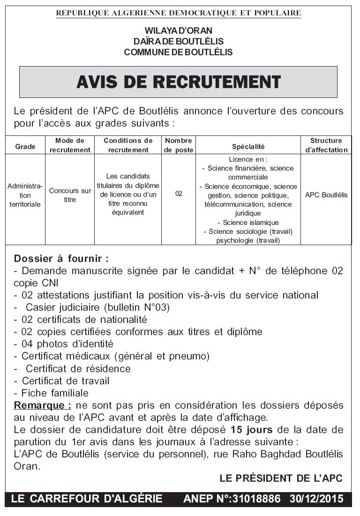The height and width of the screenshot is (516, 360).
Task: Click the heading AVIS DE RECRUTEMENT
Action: pyautogui.click(x=178, y=82)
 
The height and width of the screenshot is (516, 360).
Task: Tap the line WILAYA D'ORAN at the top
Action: pyautogui.click(x=178, y=31)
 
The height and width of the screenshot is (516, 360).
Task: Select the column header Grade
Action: pyautogui.click(x=25, y=147)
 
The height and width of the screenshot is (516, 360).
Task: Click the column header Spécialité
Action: pyautogui.click(x=248, y=147)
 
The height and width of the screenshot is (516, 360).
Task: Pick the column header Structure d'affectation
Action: pyautogui.click(x=326, y=145)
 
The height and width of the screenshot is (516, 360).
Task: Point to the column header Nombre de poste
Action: pyautogui.click(x=179, y=145)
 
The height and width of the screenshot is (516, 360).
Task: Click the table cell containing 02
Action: pyautogui.click(x=179, y=194)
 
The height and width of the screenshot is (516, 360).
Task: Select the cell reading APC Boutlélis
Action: pyautogui.click(x=326, y=195)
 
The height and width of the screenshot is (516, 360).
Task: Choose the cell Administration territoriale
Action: pyautogui.click(x=25, y=195)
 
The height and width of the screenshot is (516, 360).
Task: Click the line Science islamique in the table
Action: pyautogui.click(x=248, y=223)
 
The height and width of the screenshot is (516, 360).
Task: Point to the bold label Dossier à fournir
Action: pyautogui.click(x=61, y=259)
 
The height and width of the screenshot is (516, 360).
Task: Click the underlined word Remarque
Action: pyautogui.click(x=43, y=405)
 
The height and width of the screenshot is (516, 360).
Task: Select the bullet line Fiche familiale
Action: pyautogui.click(x=52, y=393)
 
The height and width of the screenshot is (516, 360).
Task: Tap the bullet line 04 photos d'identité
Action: pyautogui.click(x=64, y=344)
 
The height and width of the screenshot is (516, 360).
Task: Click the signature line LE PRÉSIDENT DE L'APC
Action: pyautogui.click(x=281, y=479)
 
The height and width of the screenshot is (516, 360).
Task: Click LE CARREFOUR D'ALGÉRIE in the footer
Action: pyautogui.click(x=86, y=499)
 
